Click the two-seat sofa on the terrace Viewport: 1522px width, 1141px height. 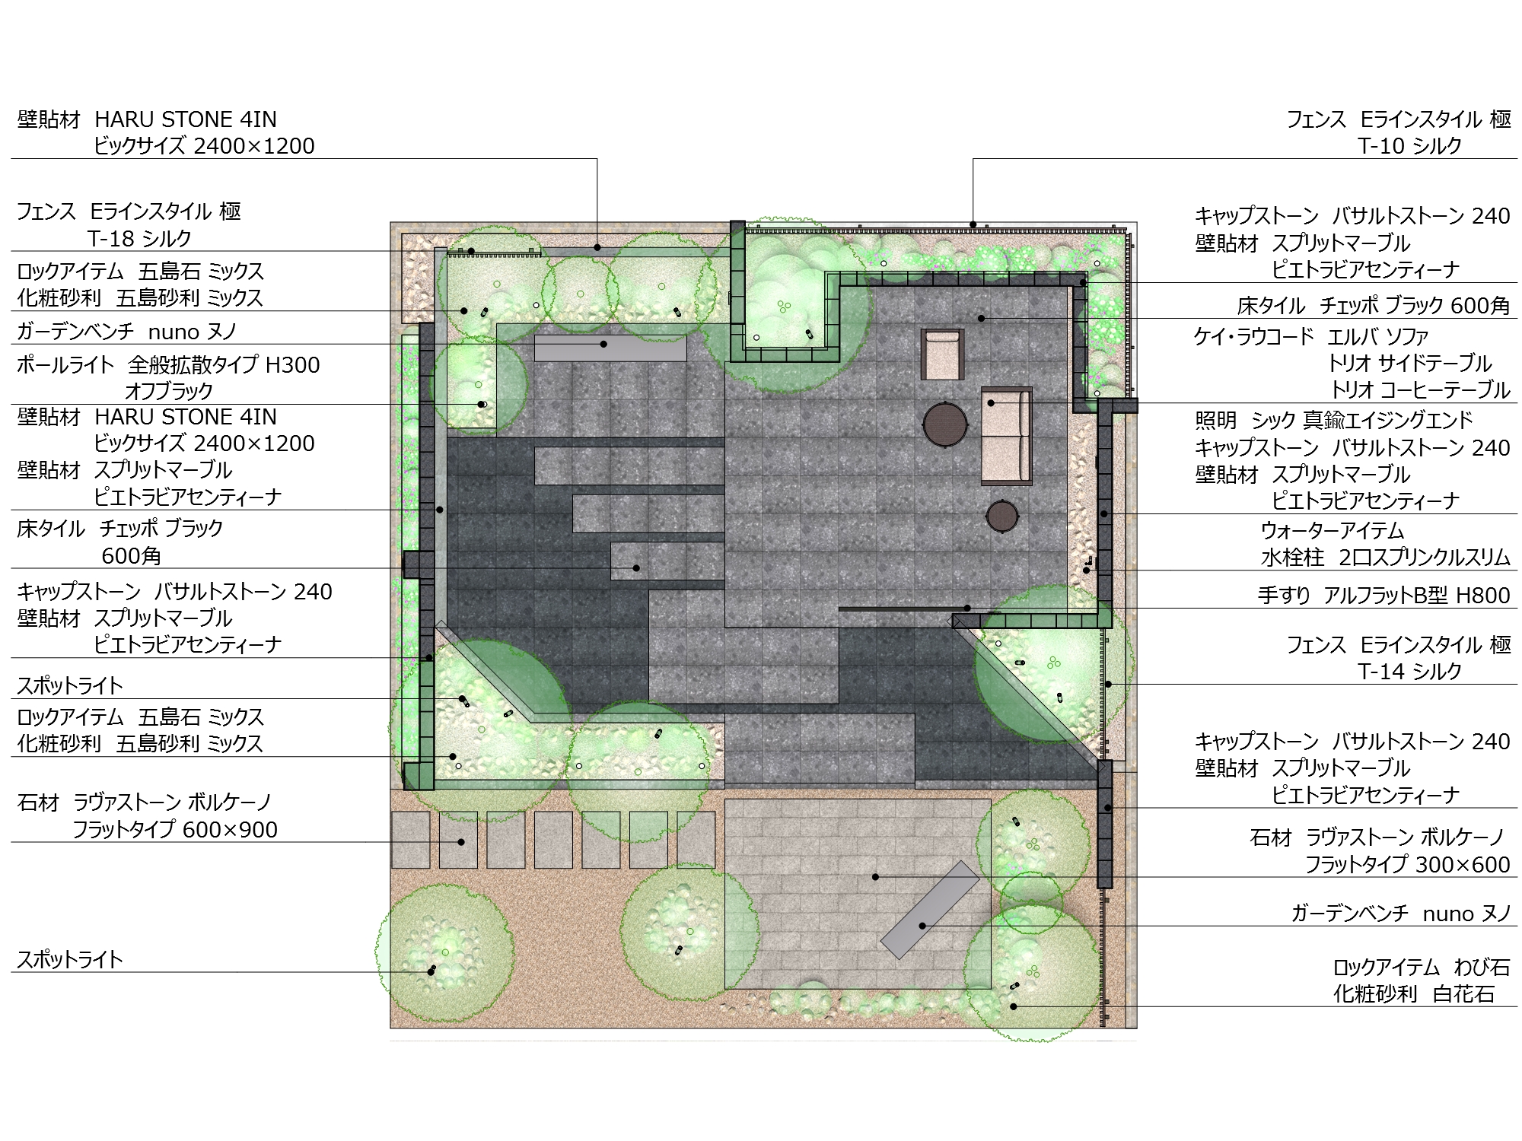click(1006, 436)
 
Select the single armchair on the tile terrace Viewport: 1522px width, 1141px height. click(942, 354)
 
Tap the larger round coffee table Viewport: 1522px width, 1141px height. click(946, 423)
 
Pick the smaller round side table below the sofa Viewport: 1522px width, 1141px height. click(1003, 516)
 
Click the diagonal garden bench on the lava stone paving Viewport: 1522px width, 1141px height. click(930, 910)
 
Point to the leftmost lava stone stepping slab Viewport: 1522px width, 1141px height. click(411, 840)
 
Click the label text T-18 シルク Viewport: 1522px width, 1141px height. click(139, 239)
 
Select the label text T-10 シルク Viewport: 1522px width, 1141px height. click(1410, 146)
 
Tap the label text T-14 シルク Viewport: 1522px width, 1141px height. click(1410, 672)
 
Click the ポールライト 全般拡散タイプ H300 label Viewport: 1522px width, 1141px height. click(168, 365)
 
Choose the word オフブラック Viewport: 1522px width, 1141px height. click(169, 391)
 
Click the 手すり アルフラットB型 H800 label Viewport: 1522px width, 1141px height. click(1383, 596)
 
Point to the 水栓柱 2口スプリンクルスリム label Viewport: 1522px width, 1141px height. click(1385, 558)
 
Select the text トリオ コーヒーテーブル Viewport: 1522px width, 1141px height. click(1420, 389)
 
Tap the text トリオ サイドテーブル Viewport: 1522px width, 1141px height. click(1410, 363)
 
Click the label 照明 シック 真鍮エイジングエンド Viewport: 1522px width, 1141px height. click(1334, 420)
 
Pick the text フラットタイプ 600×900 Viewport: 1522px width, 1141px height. click(175, 829)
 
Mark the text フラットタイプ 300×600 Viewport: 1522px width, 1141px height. click(1408, 865)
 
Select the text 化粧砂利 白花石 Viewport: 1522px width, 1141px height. click(1414, 994)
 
